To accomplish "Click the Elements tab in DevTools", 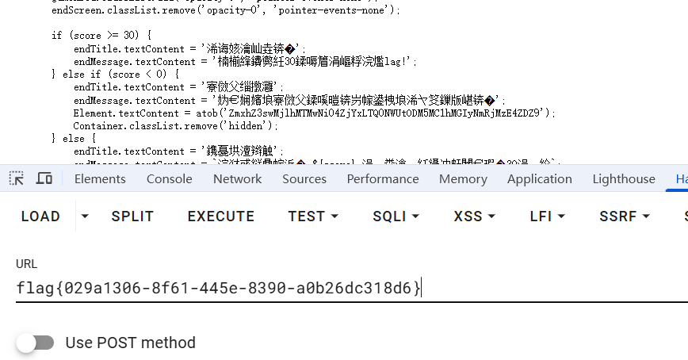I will pyautogui.click(x=100, y=179).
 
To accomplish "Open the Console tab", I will pyautogui.click(x=169, y=179).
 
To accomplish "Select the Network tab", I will pyautogui.click(x=237, y=179).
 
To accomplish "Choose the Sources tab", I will pyautogui.click(x=304, y=179).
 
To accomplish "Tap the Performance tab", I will pyautogui.click(x=383, y=179).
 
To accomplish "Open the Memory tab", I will pyautogui.click(x=463, y=179).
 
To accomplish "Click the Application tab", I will pyautogui.click(x=539, y=179).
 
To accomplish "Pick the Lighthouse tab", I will pyautogui.click(x=624, y=179).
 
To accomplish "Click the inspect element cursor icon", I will pyautogui.click(x=17, y=178).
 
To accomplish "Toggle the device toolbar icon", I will pyautogui.click(x=44, y=178).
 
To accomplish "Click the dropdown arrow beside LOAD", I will pyautogui.click(x=85, y=216).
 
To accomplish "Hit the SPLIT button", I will pyautogui.click(x=132, y=216).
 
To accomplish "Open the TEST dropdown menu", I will pyautogui.click(x=313, y=216).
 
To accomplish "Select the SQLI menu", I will pyautogui.click(x=396, y=216).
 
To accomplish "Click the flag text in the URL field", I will pyautogui.click(x=218, y=288).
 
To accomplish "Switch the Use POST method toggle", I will pyautogui.click(x=36, y=343).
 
